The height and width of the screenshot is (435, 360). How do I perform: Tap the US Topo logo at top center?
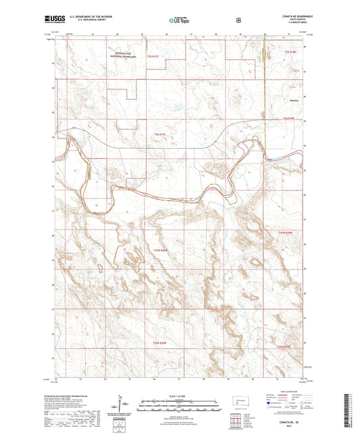click(179, 21)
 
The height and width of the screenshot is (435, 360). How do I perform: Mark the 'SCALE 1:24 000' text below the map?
click(180, 387)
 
